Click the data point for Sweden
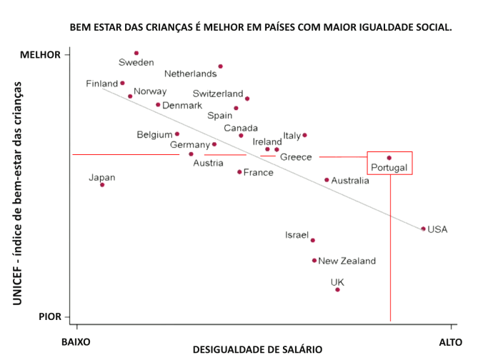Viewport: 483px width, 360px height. point(136,53)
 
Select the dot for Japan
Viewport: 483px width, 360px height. point(102,185)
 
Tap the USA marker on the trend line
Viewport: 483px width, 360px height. point(423,229)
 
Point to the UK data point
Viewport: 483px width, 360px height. point(337,289)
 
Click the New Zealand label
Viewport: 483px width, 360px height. point(347,261)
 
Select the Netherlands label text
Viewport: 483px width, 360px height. point(190,74)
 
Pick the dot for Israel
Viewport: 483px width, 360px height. point(312,240)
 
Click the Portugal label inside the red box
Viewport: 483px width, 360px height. point(389,168)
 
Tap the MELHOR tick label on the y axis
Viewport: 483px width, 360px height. point(40,55)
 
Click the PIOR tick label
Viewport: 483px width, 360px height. point(49,316)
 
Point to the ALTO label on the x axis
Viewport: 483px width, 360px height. point(451,341)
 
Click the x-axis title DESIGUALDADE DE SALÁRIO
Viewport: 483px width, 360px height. point(257,350)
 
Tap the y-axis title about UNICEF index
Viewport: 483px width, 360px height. point(17,193)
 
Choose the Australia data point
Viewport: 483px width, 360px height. point(327,180)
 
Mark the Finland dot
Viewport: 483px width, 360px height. point(122,83)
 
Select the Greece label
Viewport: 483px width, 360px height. point(295,157)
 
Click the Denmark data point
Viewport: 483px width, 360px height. point(158,104)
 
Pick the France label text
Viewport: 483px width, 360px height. point(258,173)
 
